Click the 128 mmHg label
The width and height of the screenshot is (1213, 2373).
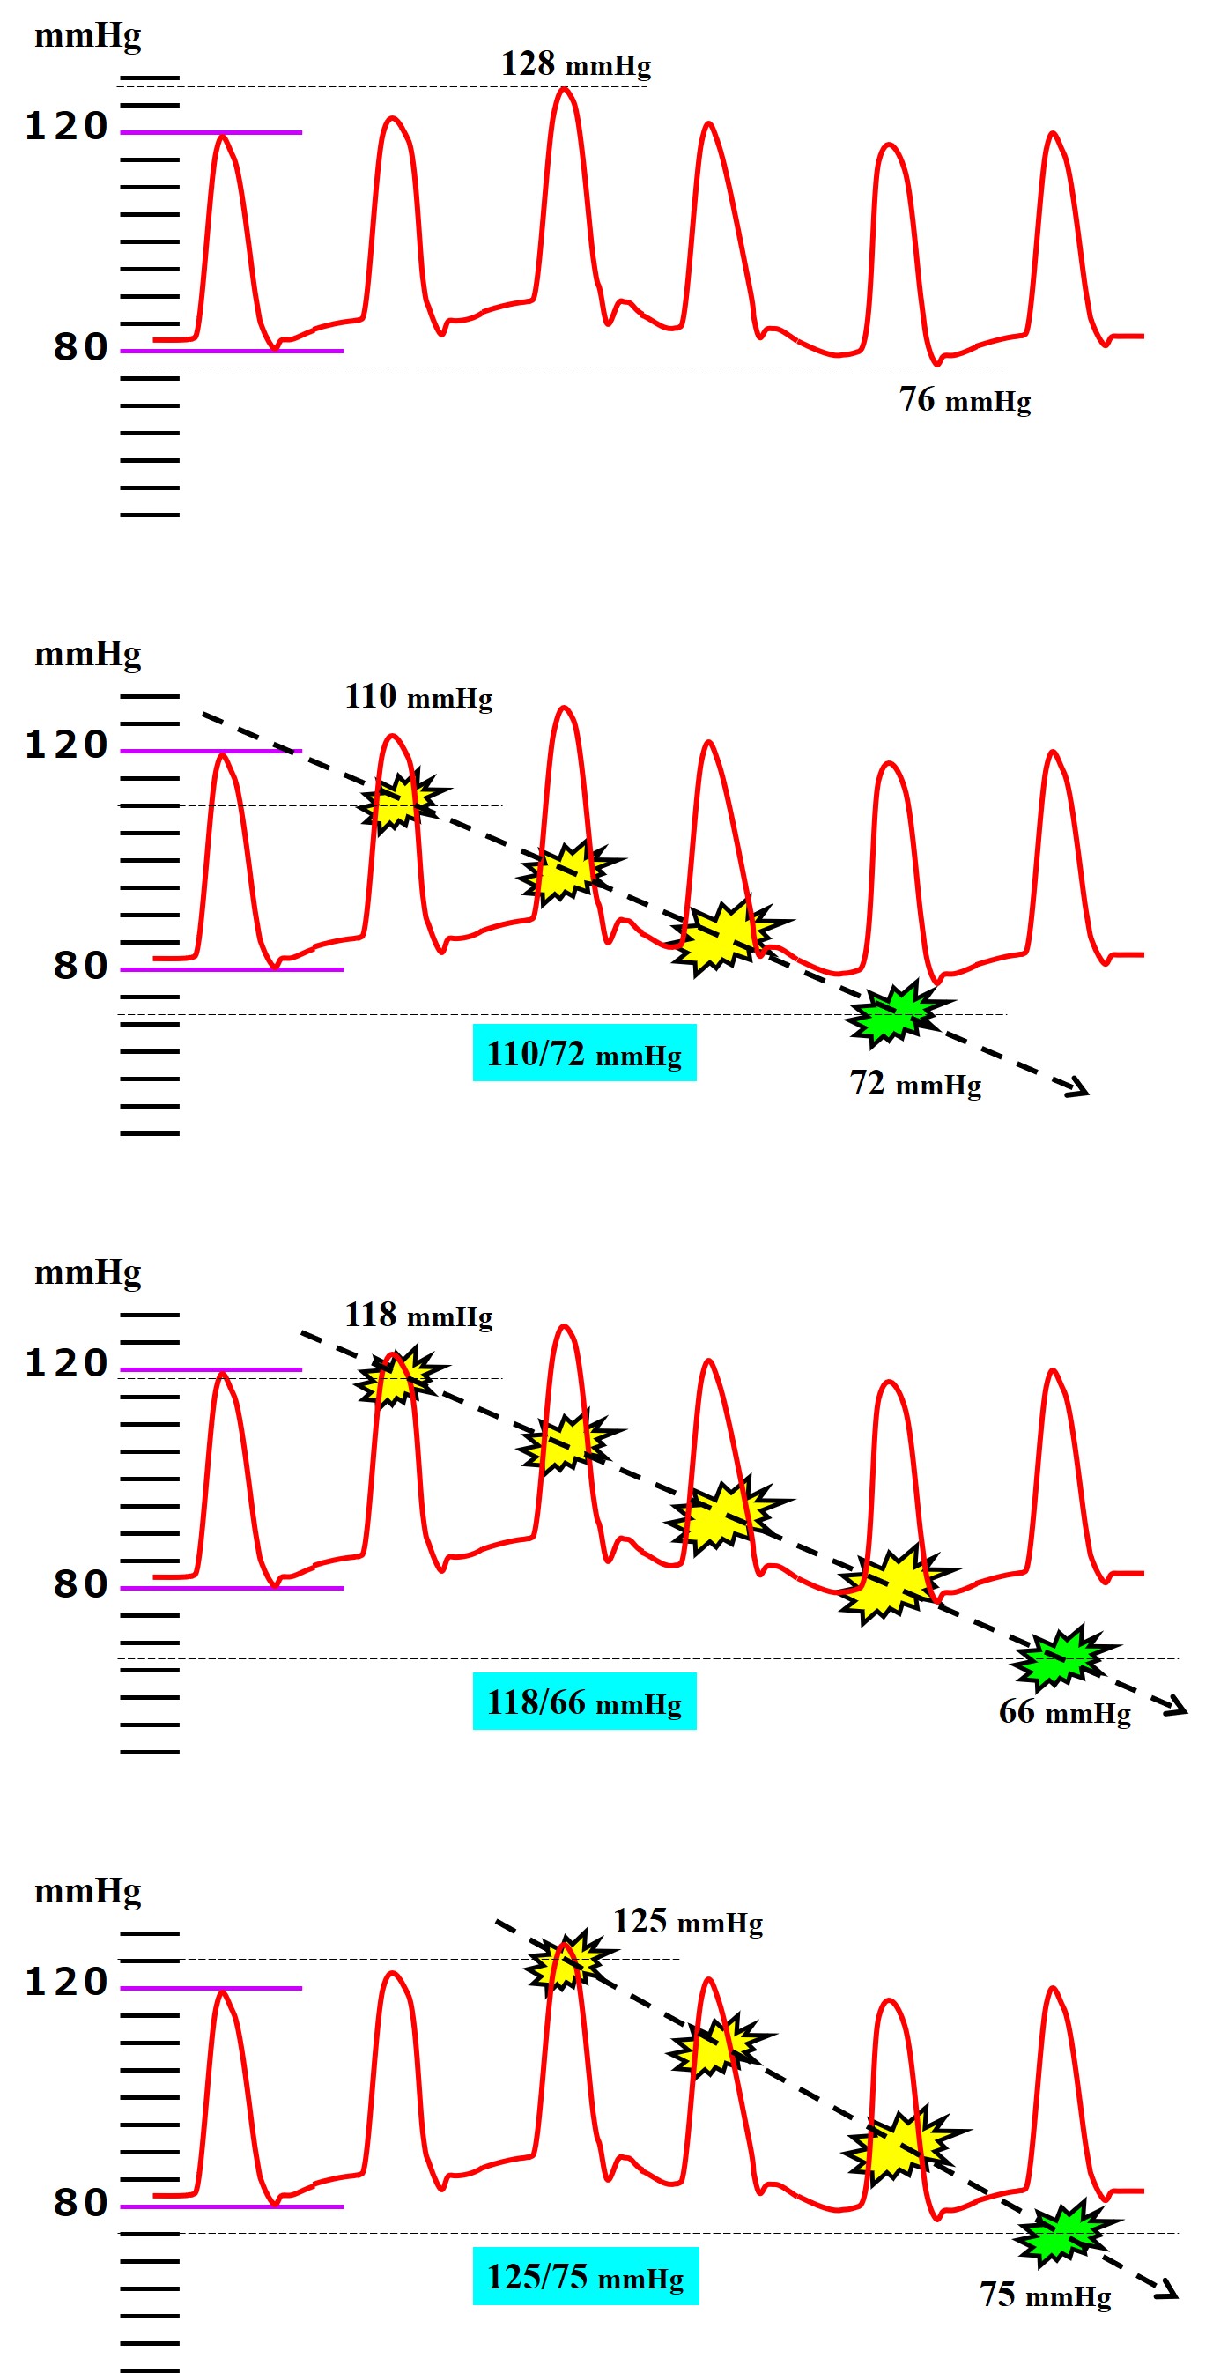575,64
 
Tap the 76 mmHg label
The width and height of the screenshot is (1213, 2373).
965,400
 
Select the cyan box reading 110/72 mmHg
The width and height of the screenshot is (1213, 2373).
584,1053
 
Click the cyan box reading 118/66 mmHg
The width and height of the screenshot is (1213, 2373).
584,1702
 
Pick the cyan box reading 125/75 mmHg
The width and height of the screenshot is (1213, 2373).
585,2276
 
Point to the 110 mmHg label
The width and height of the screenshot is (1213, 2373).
418,696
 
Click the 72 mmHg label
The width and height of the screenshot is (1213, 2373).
914,1083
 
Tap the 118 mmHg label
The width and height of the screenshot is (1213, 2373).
418,1316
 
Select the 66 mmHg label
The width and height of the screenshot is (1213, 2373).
1065,1711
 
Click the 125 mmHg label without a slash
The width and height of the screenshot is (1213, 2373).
688,1922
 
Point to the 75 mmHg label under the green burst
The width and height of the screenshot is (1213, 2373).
1045,2295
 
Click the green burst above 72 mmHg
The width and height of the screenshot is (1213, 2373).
894,1014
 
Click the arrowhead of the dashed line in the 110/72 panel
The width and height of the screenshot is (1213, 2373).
1077,1090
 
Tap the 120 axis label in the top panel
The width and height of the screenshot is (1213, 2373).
66,127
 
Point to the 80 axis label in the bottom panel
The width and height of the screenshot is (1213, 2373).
80,2203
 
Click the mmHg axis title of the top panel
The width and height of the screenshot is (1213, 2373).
87,36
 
